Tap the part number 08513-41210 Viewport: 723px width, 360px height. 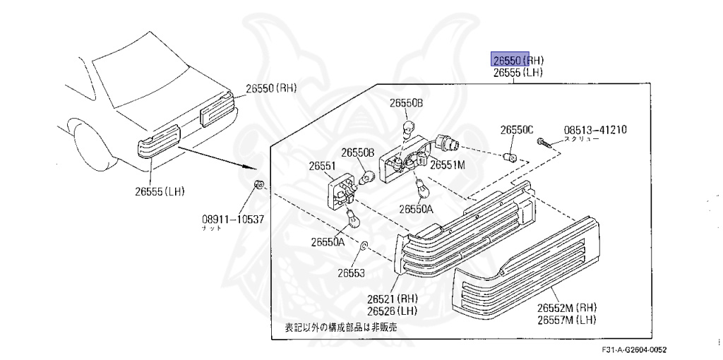coord(595,130)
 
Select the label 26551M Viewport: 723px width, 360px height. coord(448,164)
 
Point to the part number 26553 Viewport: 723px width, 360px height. coord(351,272)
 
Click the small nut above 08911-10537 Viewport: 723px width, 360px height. coord(259,186)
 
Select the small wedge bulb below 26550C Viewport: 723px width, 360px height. coord(508,156)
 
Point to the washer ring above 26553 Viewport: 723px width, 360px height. coord(364,246)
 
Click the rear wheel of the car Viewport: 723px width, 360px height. coord(87,145)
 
